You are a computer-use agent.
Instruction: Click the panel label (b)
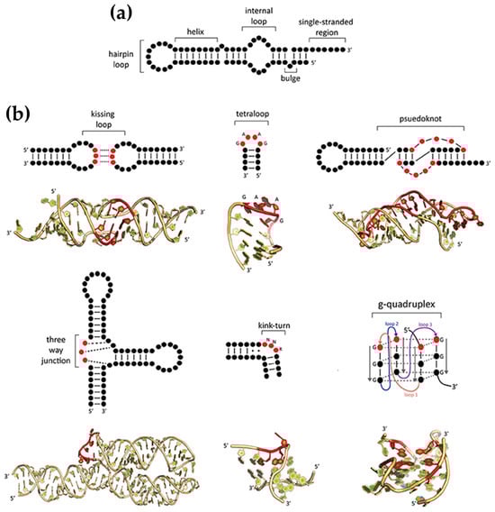(x=22, y=114)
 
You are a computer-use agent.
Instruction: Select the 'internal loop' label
(x=259, y=23)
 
